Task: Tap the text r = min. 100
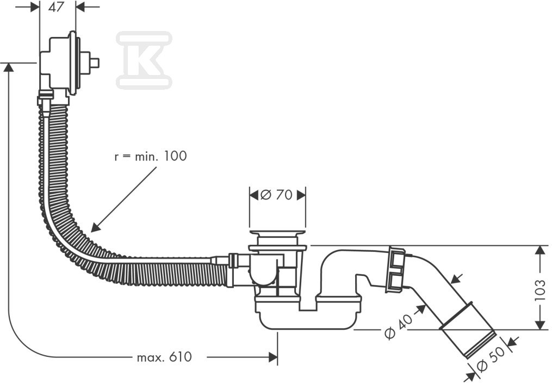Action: (x=151, y=156)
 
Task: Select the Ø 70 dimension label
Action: (x=276, y=194)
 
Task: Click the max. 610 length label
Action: (x=164, y=357)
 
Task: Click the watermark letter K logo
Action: (x=144, y=59)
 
